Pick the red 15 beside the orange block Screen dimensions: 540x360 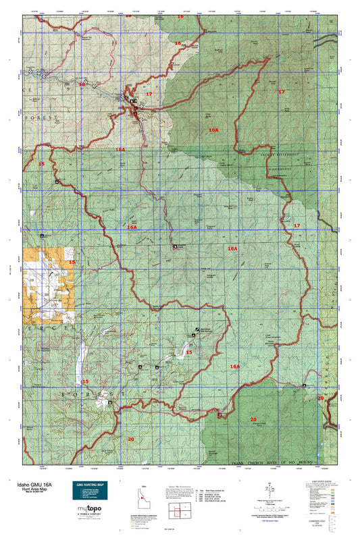[x=72, y=261]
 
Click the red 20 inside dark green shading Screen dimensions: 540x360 [x=253, y=420]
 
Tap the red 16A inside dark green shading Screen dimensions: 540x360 [x=213, y=130]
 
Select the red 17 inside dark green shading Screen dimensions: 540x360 [x=282, y=92]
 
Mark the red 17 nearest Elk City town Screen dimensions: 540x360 [x=149, y=94]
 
